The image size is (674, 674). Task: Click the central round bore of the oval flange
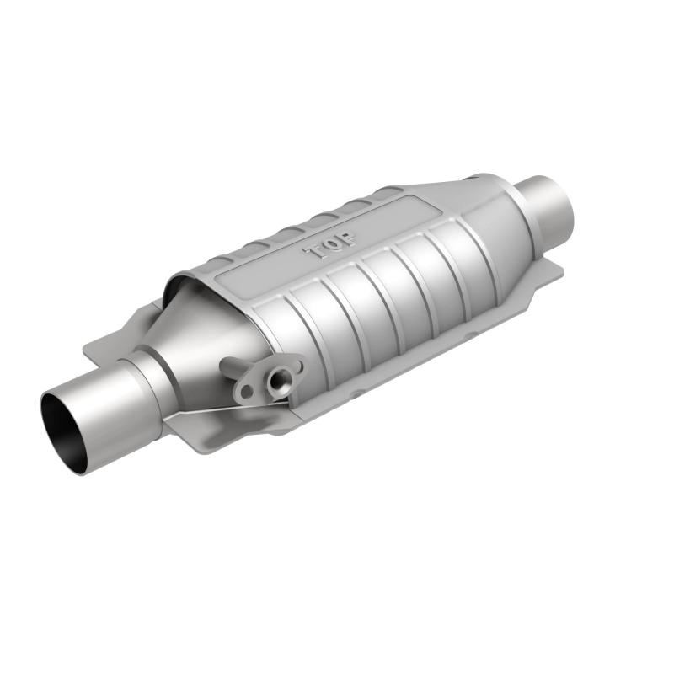tap(275, 381)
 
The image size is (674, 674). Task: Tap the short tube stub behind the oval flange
tap(230, 367)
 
